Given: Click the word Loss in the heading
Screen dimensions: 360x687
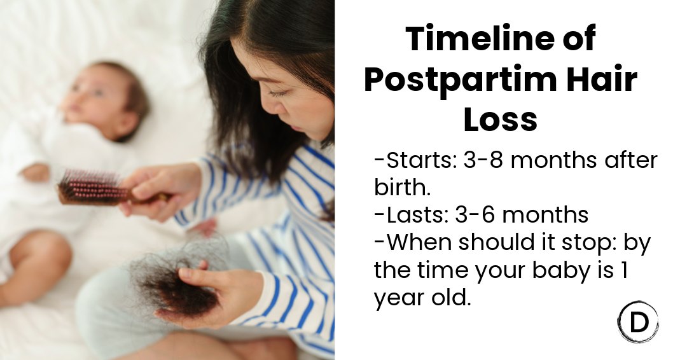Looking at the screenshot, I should click(500, 120).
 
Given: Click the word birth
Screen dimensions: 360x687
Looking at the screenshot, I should click(403, 188).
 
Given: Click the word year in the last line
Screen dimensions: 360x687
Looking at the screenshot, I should click(397, 297).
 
